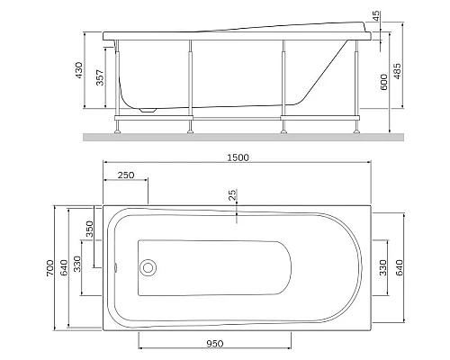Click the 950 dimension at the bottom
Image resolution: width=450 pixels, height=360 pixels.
(x=214, y=343)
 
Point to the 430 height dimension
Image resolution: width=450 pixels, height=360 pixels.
(x=78, y=70)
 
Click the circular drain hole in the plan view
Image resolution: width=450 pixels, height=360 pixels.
(x=148, y=268)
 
